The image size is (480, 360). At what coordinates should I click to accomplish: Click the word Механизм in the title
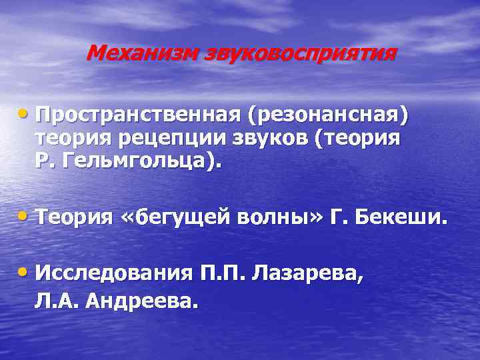[x=131, y=53]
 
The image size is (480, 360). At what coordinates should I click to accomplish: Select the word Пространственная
[x=139, y=115]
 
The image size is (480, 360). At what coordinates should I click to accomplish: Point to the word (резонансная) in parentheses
[x=327, y=115]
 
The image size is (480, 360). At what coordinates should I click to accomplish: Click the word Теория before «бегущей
[x=76, y=217]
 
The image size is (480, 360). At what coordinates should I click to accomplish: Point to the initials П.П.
[x=224, y=273]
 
